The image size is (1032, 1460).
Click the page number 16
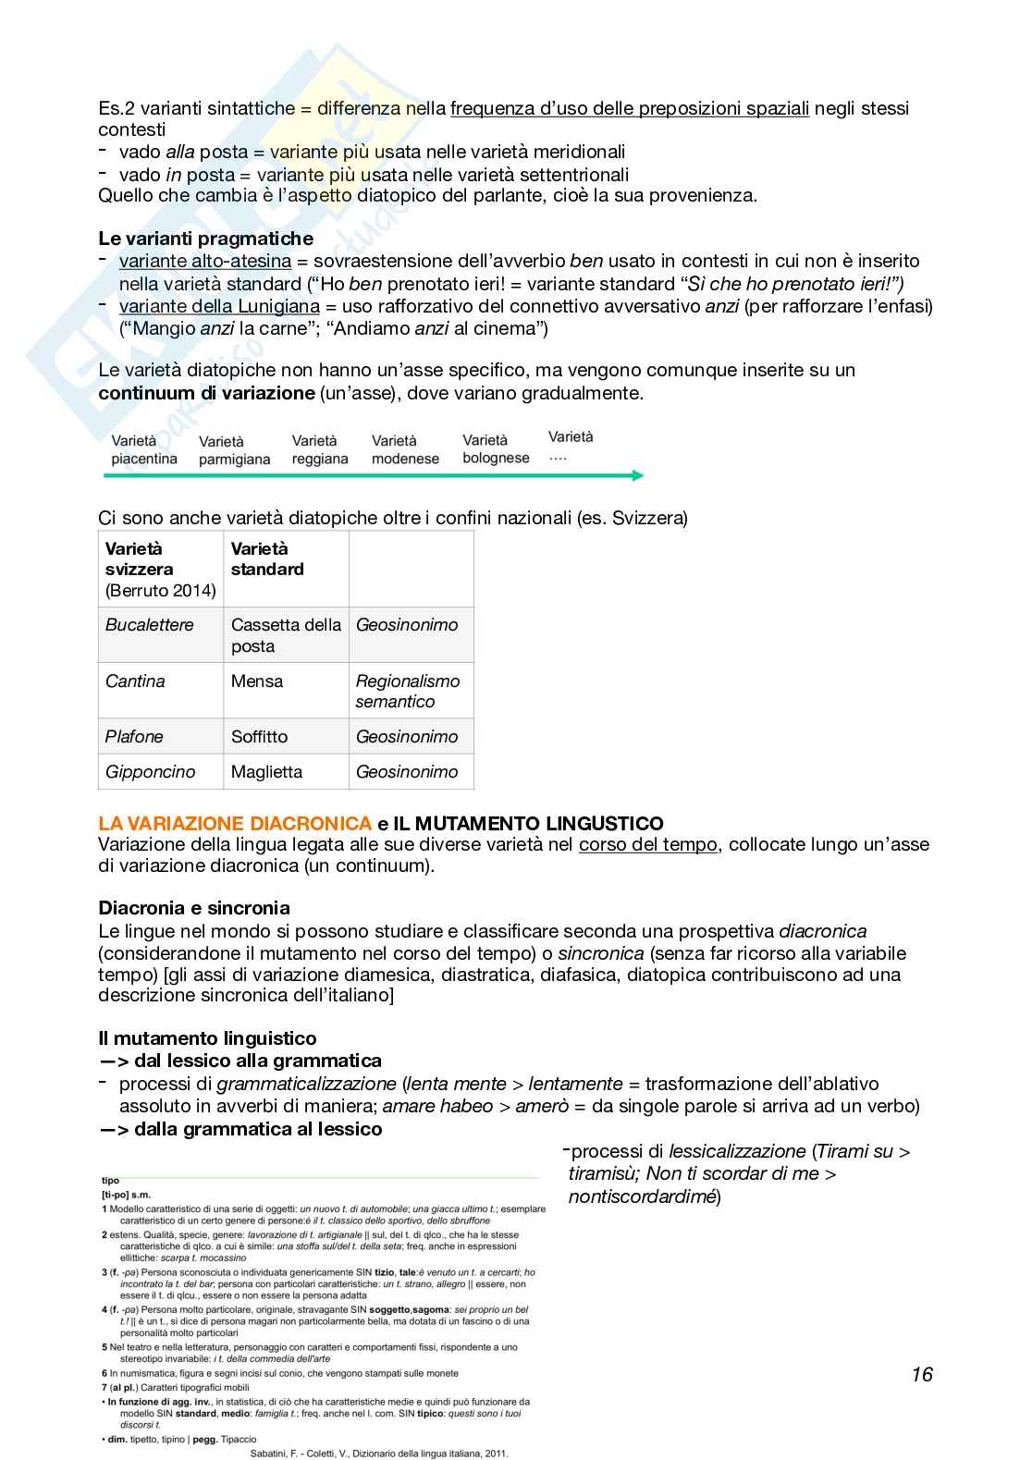coord(921,1374)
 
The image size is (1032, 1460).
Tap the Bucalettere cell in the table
coord(150,625)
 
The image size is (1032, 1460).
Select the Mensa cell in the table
coord(257,681)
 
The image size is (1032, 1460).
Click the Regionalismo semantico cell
coord(408,691)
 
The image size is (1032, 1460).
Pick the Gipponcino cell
coord(151,772)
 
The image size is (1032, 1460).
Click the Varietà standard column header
coord(267,558)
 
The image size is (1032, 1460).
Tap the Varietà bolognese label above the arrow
coord(496,448)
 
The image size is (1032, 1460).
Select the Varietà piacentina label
coord(143,449)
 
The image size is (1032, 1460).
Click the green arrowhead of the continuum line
coord(637,475)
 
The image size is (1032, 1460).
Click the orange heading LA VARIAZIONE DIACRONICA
coord(235,823)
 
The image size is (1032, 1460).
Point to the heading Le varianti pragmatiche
coord(205,239)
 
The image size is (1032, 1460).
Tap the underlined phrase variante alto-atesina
coord(205,261)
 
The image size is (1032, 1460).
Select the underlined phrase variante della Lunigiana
coord(219,306)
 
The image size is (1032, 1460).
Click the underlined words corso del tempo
coord(647,844)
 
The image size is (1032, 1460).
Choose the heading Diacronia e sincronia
coord(194,908)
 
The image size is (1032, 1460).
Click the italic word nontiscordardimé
coord(643,1196)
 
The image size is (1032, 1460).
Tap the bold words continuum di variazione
coord(206,393)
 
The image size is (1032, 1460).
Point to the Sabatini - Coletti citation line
coord(379,1453)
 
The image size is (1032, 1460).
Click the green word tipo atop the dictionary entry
coord(110,1181)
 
